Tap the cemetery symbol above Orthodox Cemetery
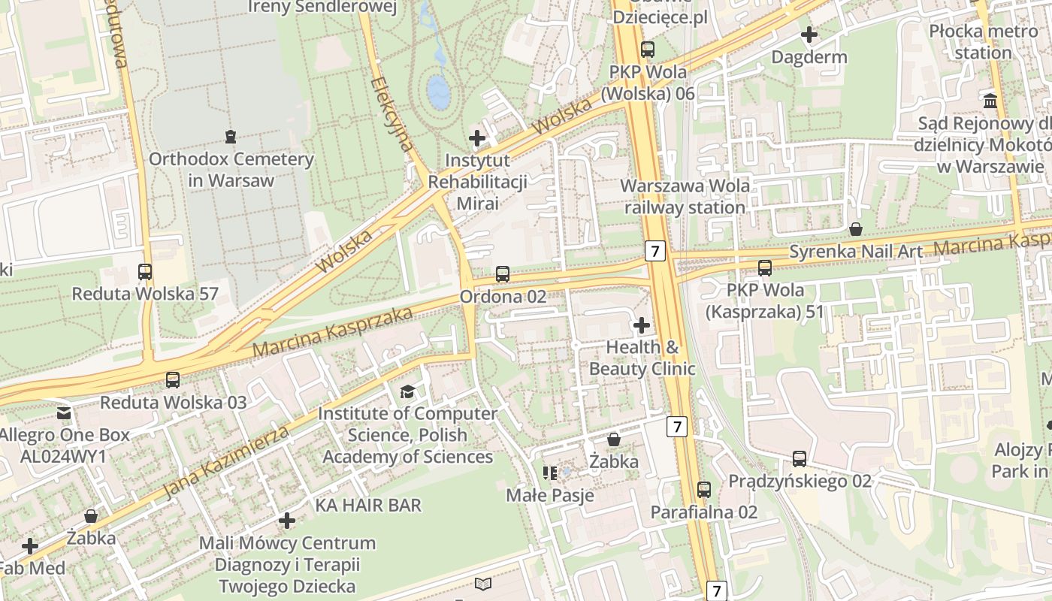[230, 137]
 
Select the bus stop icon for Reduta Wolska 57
[145, 272]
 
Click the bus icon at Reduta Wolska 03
[173, 380]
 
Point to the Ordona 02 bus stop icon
[503, 274]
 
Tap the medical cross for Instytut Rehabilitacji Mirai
[476, 138]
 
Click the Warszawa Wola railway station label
[685, 196]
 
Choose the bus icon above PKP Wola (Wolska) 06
[647, 50]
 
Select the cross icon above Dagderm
[809, 35]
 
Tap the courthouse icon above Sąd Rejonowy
[990, 101]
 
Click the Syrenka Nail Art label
[855, 252]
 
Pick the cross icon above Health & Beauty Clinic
[641, 325]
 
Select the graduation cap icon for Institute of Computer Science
[407, 391]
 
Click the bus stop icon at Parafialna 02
[703, 490]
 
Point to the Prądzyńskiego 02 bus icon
[800, 458]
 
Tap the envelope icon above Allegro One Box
[64, 412]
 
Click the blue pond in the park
[438, 91]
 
